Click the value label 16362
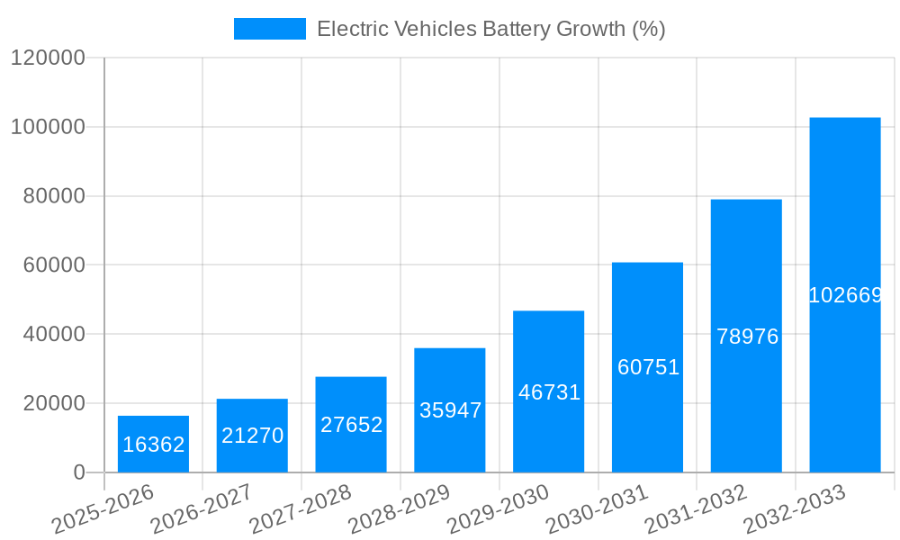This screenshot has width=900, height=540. pyautogui.click(x=153, y=445)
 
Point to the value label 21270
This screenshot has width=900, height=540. pyautogui.click(x=252, y=436)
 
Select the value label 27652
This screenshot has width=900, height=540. pyautogui.click(x=351, y=425)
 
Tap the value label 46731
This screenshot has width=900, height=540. pyautogui.click(x=548, y=392)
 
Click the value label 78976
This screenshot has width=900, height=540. pyautogui.click(x=746, y=337)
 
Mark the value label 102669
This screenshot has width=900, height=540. pyautogui.click(x=844, y=295)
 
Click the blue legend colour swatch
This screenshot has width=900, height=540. pyautogui.click(x=269, y=29)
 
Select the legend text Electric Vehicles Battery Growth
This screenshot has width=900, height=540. pyautogui.click(x=490, y=29)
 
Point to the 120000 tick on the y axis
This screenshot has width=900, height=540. pyautogui.click(x=48, y=58)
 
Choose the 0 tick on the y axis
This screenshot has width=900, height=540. pyautogui.click(x=79, y=472)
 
